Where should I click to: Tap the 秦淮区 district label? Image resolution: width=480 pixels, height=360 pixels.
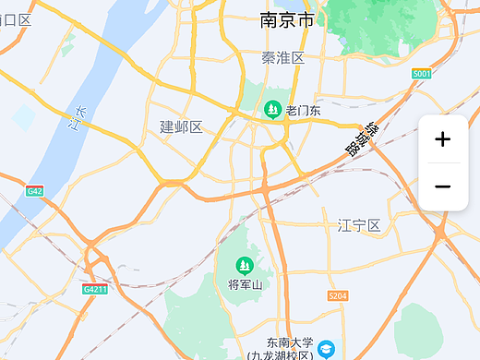(x=283, y=58)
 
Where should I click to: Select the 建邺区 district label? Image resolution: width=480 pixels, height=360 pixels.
(x=181, y=126)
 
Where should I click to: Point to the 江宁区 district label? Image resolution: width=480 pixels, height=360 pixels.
(x=359, y=225)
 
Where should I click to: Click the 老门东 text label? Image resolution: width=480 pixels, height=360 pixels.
(x=303, y=111)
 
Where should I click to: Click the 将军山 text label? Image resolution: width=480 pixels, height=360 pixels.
(x=246, y=284)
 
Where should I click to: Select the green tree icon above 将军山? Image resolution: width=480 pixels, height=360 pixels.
(x=246, y=266)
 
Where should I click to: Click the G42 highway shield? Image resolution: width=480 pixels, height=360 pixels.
(x=35, y=191)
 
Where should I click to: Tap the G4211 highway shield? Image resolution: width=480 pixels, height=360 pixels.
(x=95, y=290)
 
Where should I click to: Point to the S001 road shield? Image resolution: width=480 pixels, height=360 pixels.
(x=422, y=73)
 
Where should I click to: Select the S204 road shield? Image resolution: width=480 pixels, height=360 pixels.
(x=338, y=296)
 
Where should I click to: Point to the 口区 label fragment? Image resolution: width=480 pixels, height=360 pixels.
(x=17, y=19)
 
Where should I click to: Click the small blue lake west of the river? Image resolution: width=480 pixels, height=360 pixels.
(x=23, y=117)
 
